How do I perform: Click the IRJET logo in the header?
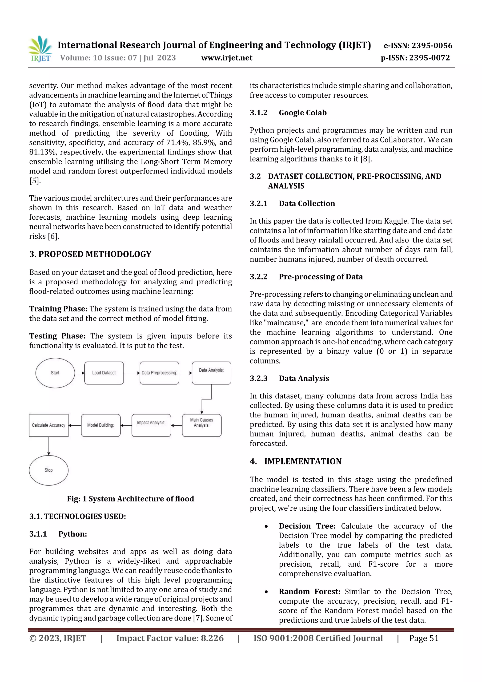point(40,49)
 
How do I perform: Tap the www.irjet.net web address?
point(227,58)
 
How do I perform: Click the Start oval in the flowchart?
point(55,373)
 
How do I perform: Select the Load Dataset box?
point(104,373)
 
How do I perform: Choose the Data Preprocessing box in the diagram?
point(159,373)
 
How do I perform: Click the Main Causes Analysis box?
point(202,425)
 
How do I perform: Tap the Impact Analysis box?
point(151,425)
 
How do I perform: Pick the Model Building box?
point(101,425)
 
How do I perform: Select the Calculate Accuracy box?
point(49,425)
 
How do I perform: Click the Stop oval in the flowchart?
point(49,470)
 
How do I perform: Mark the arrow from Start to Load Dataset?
point(80,373)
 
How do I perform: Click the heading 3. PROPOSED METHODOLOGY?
point(90,254)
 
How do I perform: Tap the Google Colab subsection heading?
point(303,113)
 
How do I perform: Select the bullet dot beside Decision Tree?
point(266,527)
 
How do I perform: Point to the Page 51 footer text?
point(424,638)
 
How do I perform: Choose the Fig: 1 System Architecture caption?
point(130,499)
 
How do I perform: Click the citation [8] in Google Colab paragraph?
point(366,159)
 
